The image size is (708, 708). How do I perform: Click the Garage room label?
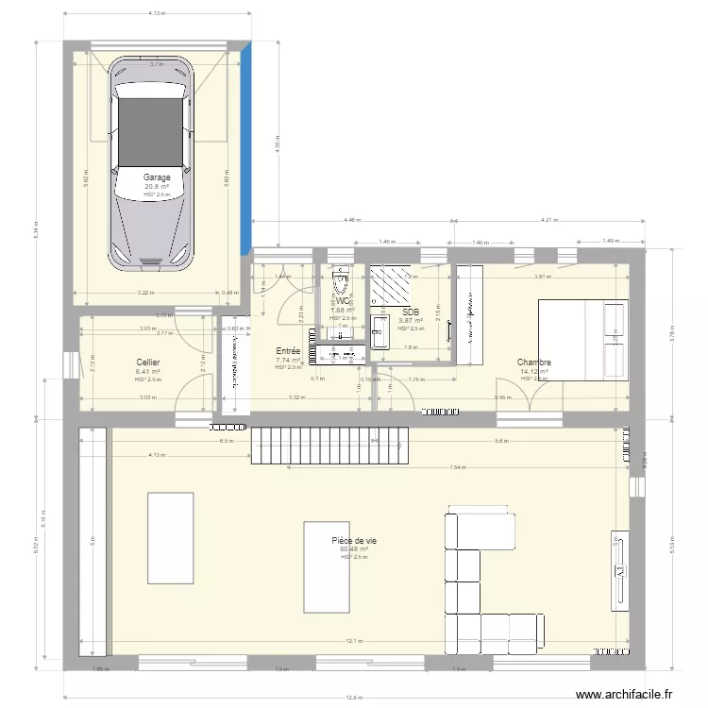tap(157, 177)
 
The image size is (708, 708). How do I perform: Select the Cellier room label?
tap(147, 362)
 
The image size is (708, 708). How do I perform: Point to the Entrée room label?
tap(288, 350)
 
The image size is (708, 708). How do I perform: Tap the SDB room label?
tap(410, 312)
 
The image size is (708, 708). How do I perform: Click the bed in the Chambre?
tap(582, 339)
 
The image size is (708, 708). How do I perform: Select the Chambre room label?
tap(533, 362)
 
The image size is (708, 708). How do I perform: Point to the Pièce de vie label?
tap(354, 540)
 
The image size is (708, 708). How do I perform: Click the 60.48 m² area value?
tap(354, 548)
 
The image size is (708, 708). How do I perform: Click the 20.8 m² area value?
tap(157, 187)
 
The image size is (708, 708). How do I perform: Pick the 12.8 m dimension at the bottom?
tap(353, 698)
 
